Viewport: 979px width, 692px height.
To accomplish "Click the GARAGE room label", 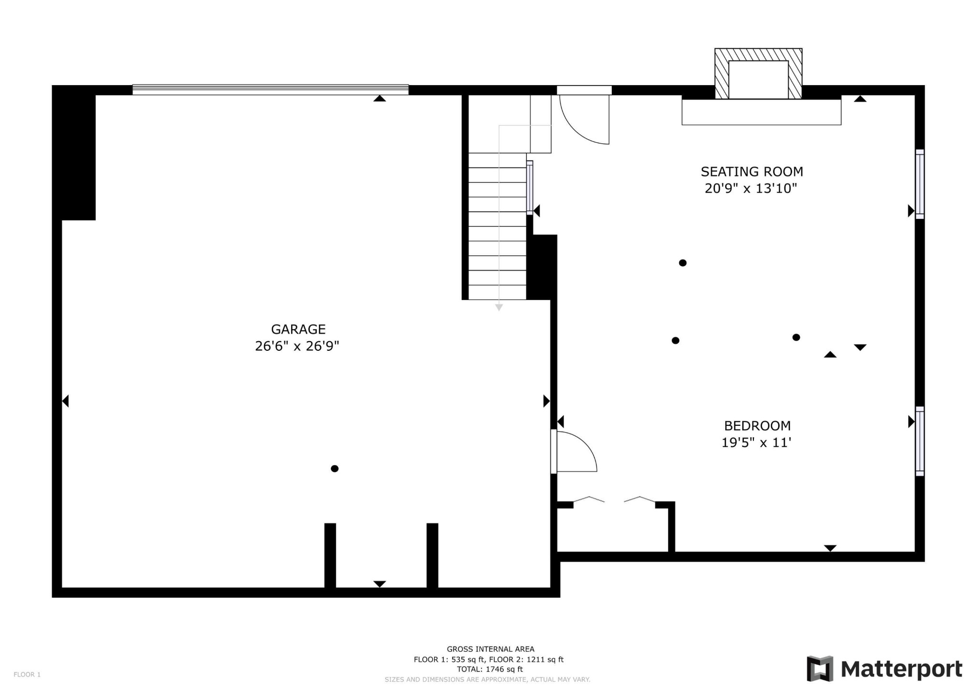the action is tap(298, 329).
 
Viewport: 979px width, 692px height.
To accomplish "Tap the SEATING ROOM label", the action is tap(752, 172).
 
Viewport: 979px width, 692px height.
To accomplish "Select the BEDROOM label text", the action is tap(757, 425).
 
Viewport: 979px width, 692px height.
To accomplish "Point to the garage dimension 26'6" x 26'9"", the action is tap(297, 346).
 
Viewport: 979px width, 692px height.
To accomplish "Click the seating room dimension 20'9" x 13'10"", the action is tap(751, 188).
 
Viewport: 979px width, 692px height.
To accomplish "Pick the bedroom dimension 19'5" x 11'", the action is tap(756, 443).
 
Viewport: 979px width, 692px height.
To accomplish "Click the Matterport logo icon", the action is tap(820, 669).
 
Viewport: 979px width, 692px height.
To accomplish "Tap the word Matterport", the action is tap(902, 670).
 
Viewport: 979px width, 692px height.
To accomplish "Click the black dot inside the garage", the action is tap(335, 468).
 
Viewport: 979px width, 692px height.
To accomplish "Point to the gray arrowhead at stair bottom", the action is tap(499, 308).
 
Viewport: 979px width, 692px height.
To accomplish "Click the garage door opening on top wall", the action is tap(271, 90).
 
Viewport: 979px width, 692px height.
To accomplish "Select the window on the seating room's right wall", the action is tap(920, 184).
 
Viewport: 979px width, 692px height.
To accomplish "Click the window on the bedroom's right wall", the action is tap(920, 441).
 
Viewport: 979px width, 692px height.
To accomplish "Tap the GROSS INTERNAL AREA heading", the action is tap(490, 649).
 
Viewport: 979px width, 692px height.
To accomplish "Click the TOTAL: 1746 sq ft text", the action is tap(489, 670).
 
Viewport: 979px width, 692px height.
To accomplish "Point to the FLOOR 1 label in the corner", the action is tap(27, 674).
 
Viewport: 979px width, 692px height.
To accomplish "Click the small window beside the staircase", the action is tap(530, 187).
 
